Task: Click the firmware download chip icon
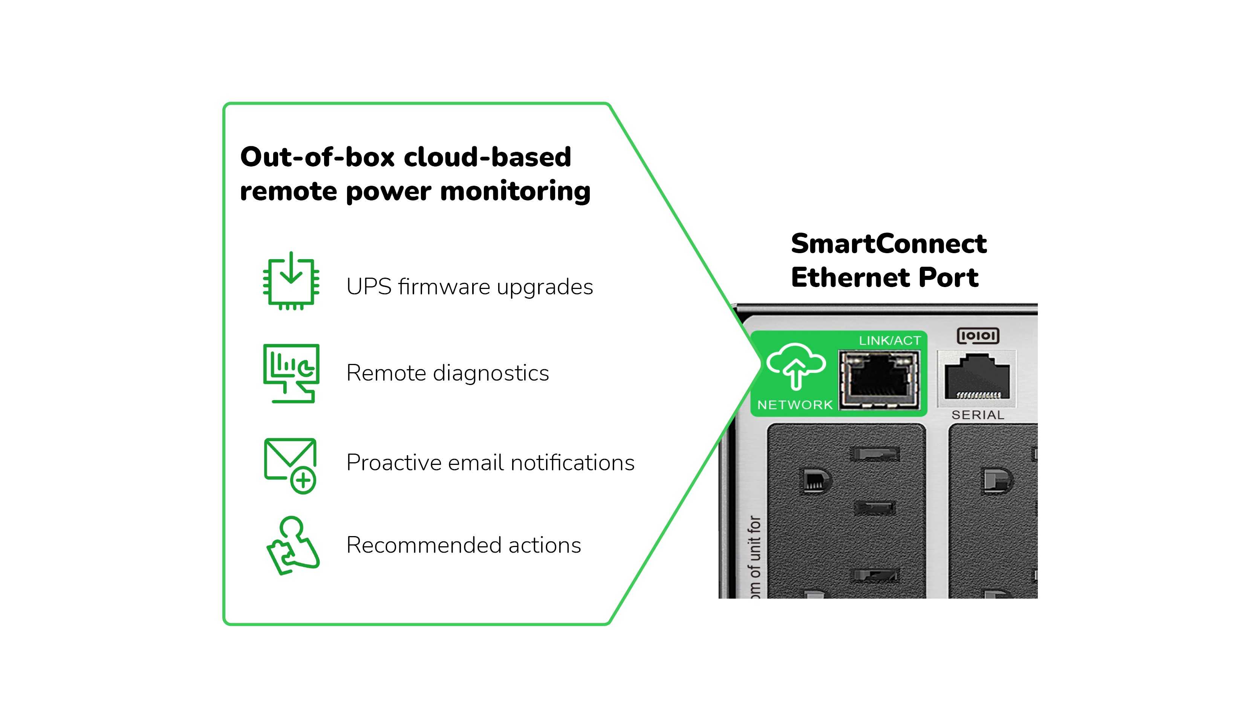tap(291, 282)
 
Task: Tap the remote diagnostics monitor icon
tap(291, 373)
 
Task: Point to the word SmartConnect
tap(888, 244)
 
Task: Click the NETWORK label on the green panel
tap(795, 405)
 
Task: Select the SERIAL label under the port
tap(978, 415)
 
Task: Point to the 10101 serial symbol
tap(978, 336)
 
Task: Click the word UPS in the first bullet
tap(369, 287)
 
